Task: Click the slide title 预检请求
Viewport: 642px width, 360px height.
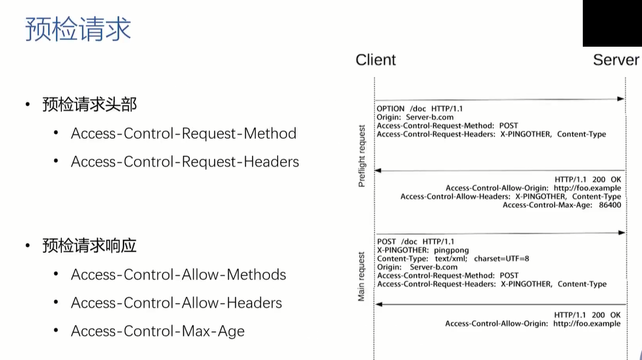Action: pyautogui.click(x=78, y=29)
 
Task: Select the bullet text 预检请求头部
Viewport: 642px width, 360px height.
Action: pyautogui.click(x=89, y=104)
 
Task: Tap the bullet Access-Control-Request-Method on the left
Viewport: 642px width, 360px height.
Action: pyautogui.click(x=184, y=134)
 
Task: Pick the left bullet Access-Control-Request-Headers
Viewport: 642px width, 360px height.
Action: pyautogui.click(x=185, y=162)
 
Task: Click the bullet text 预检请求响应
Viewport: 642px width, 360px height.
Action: pyautogui.click(x=89, y=245)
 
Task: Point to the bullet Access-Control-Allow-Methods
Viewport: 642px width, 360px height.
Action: pyautogui.click(x=178, y=275)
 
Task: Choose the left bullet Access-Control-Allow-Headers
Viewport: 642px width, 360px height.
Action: pyautogui.click(x=177, y=303)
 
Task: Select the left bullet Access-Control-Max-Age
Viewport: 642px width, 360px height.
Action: pyautogui.click(x=158, y=331)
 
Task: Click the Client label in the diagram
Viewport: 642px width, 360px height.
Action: pyautogui.click(x=375, y=60)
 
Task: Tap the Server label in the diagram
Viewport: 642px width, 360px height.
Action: pyautogui.click(x=616, y=60)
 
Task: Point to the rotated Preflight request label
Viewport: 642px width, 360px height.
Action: pyautogui.click(x=361, y=156)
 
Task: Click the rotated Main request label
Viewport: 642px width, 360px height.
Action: pyautogui.click(x=361, y=276)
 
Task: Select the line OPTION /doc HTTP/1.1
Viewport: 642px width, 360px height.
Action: pyautogui.click(x=420, y=109)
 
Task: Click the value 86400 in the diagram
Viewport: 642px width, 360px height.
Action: pyautogui.click(x=610, y=205)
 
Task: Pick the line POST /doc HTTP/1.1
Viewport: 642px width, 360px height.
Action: pyautogui.click(x=416, y=242)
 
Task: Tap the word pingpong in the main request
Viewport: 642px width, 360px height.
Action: pyautogui.click(x=451, y=250)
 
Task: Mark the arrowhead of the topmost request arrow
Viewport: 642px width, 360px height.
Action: pyautogui.click(x=621, y=99)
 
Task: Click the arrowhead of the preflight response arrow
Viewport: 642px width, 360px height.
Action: pyautogui.click(x=379, y=170)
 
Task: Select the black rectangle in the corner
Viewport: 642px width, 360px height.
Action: pyautogui.click(x=613, y=23)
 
